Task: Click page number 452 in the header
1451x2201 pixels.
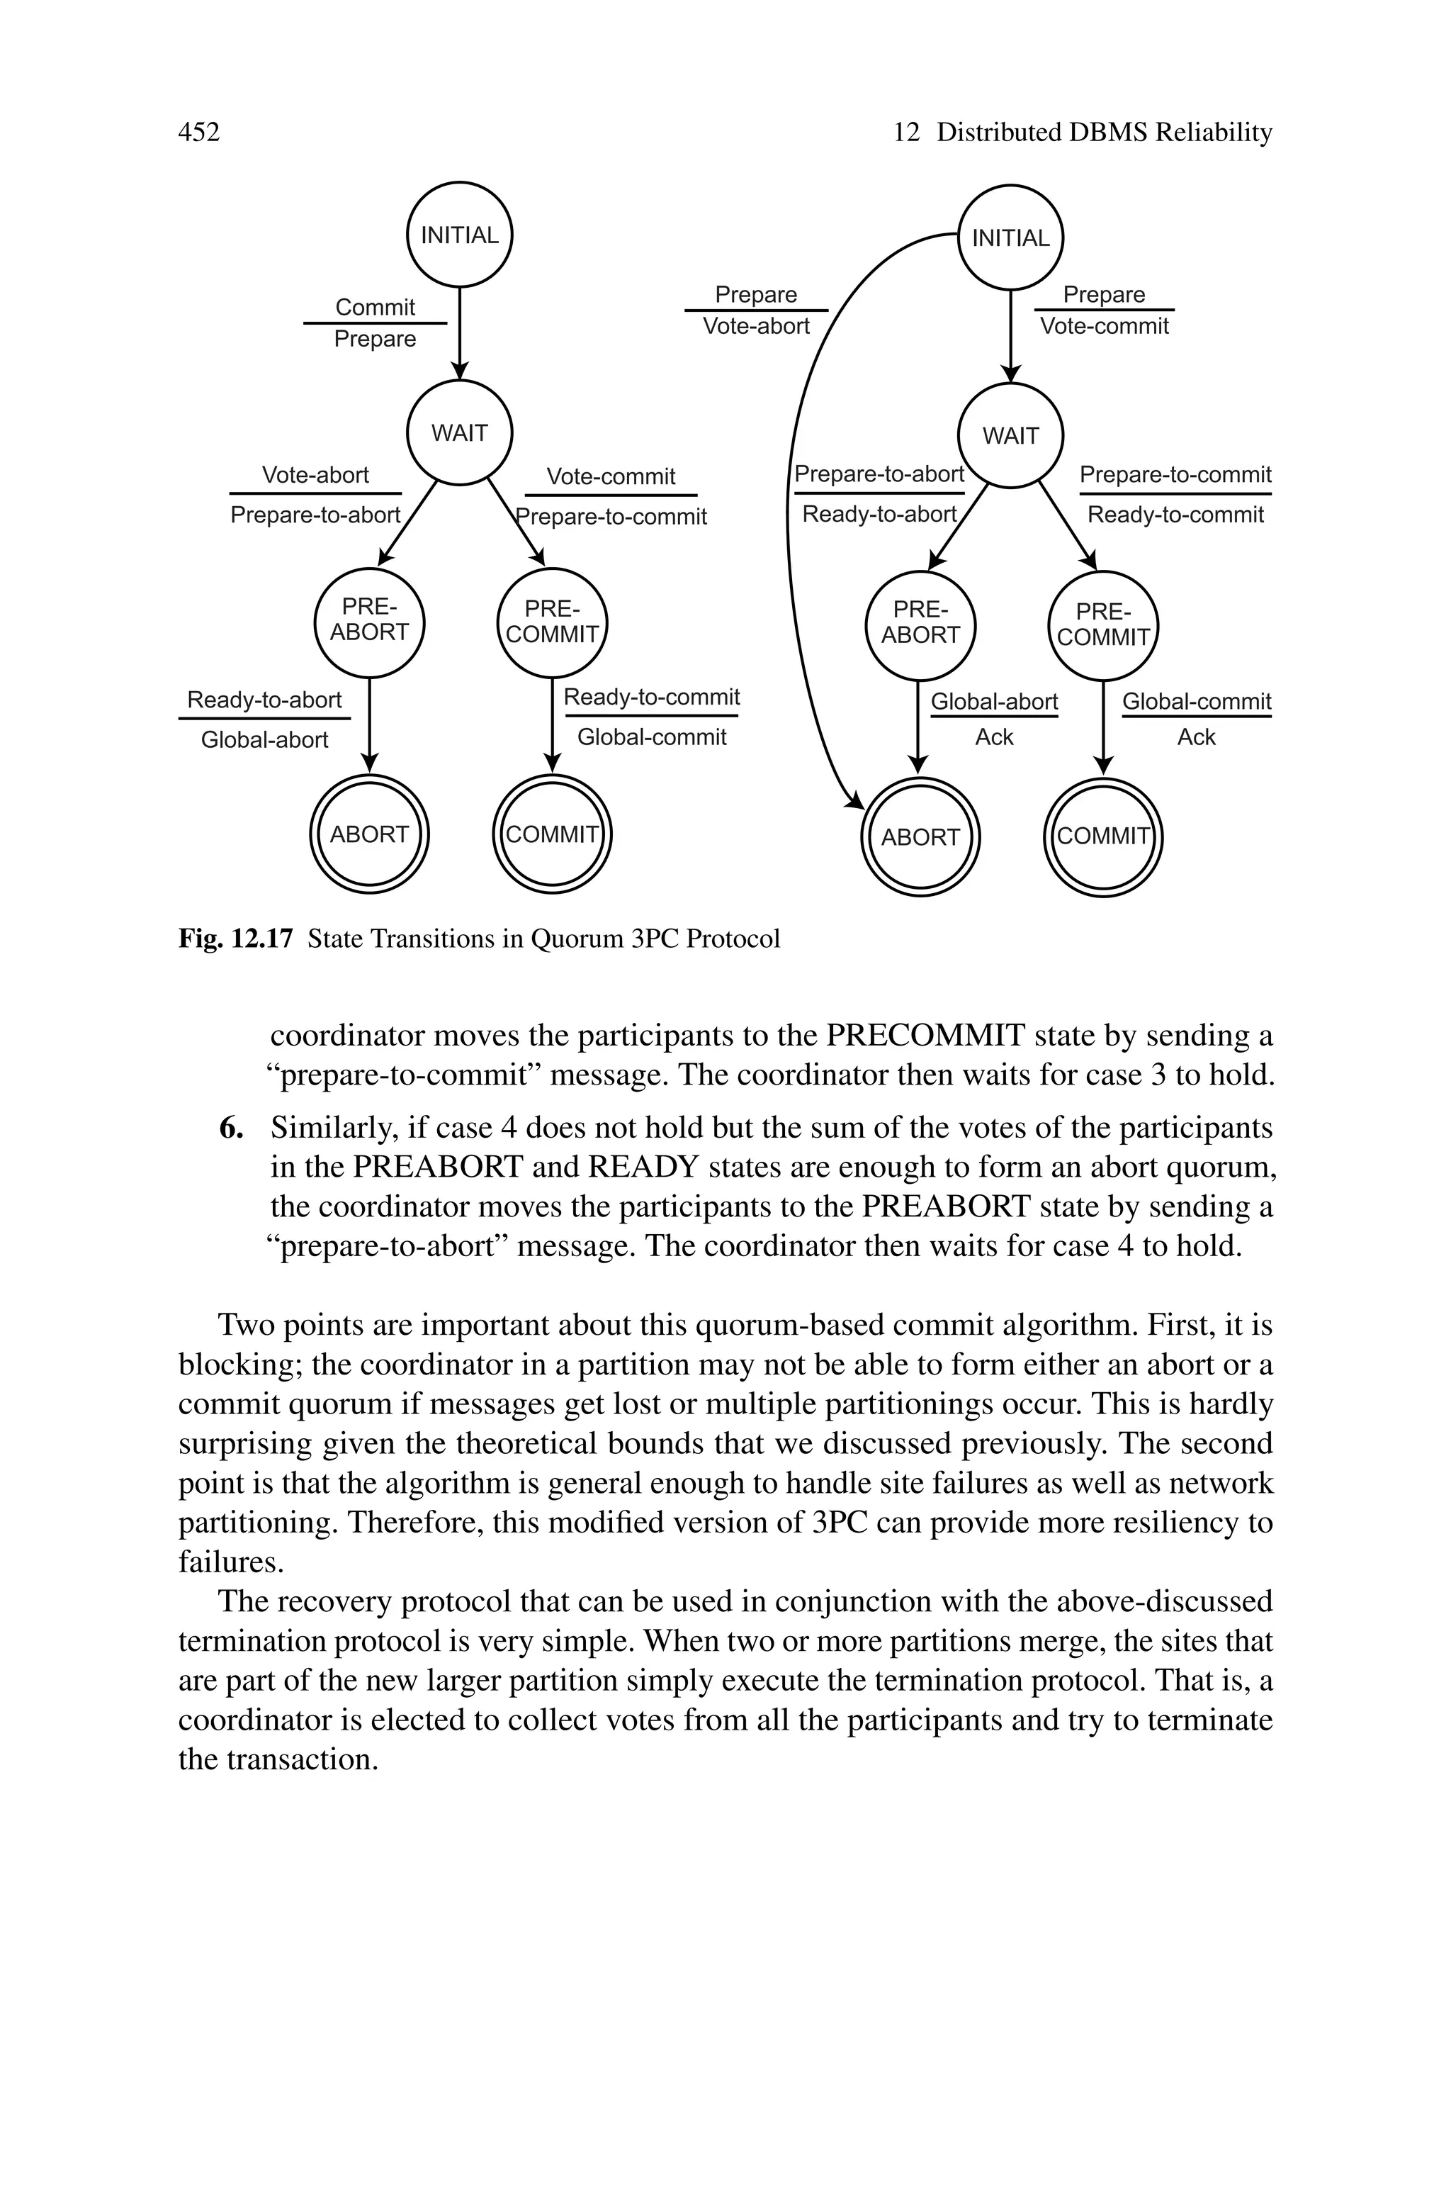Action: (x=199, y=133)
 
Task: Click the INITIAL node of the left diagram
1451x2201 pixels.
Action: (x=460, y=235)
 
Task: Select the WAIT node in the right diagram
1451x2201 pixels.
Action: (x=1010, y=435)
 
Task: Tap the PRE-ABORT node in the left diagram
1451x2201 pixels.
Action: (x=369, y=620)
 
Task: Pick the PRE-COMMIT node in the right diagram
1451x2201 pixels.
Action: (x=1103, y=626)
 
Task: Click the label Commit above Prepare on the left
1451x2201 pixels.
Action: (x=375, y=306)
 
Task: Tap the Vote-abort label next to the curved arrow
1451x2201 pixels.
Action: (x=756, y=326)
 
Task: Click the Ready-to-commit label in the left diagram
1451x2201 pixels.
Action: (x=652, y=697)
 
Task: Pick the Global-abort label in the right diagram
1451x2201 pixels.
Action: (x=994, y=702)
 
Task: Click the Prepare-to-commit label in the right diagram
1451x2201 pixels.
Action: (x=1175, y=475)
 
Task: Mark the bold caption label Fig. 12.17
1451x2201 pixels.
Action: (x=235, y=939)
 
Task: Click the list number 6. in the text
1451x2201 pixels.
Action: (x=232, y=1128)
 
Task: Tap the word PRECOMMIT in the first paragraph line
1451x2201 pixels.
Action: (x=925, y=1035)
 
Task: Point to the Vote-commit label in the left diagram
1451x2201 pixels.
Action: (x=611, y=476)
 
